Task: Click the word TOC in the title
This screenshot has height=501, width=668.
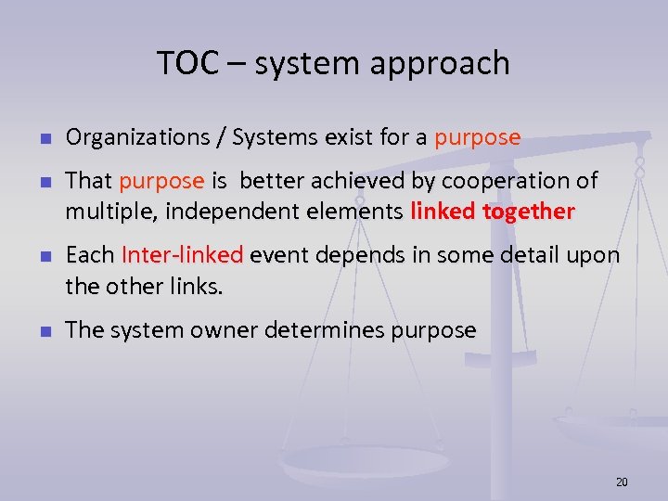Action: pyautogui.click(x=187, y=63)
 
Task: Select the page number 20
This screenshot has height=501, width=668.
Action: pyautogui.click(x=622, y=482)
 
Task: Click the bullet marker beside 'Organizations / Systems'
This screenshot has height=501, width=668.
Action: pyautogui.click(x=43, y=139)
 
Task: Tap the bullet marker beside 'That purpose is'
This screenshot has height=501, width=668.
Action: pyautogui.click(x=43, y=182)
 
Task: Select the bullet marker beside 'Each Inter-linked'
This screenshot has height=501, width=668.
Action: pyautogui.click(x=43, y=256)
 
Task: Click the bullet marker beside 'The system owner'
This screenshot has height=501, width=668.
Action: pyautogui.click(x=43, y=331)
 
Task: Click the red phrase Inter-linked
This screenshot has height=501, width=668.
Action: pyautogui.click(x=182, y=255)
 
